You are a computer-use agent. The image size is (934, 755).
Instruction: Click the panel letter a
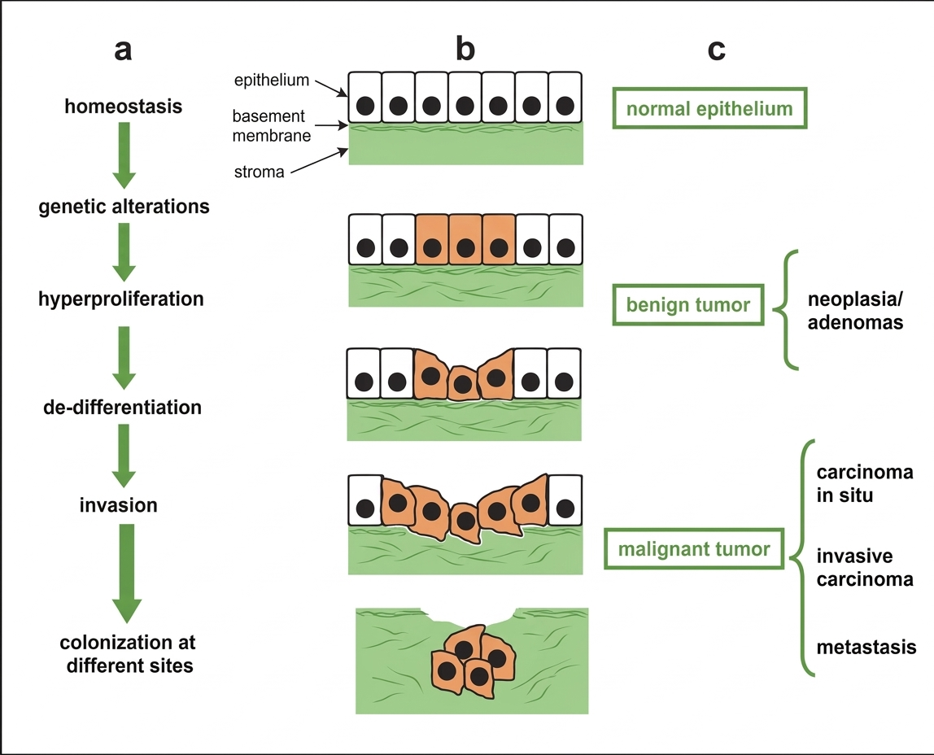[123, 50]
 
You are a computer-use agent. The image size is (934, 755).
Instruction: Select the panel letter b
[465, 50]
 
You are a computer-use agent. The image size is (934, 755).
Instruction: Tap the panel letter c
[716, 50]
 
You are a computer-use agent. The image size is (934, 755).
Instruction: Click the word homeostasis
[124, 107]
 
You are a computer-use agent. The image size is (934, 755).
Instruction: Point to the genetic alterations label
[124, 207]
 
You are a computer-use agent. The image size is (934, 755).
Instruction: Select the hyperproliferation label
[121, 299]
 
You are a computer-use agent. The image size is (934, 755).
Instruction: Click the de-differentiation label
[122, 407]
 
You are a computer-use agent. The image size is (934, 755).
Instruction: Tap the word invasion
[119, 505]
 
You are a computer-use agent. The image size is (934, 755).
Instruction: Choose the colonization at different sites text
[128, 654]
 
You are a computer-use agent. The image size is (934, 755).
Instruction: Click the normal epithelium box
[709, 108]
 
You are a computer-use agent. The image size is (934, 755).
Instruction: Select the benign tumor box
[687, 305]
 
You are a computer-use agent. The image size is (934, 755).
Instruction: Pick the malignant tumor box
[694, 548]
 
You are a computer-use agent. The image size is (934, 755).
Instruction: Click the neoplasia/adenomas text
[855, 310]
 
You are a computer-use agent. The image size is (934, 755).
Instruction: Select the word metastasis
[866, 648]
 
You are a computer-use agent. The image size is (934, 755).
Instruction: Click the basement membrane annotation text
[272, 126]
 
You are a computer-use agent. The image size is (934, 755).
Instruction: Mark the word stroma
[260, 172]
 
